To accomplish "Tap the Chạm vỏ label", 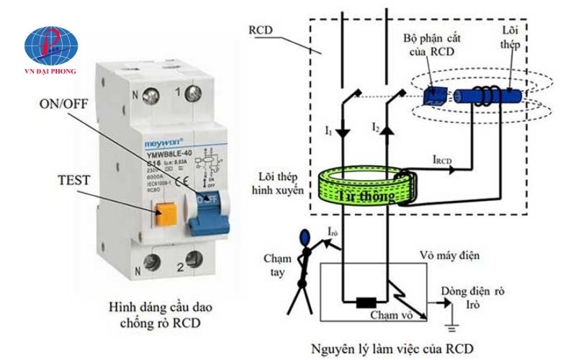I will tap(389, 315).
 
